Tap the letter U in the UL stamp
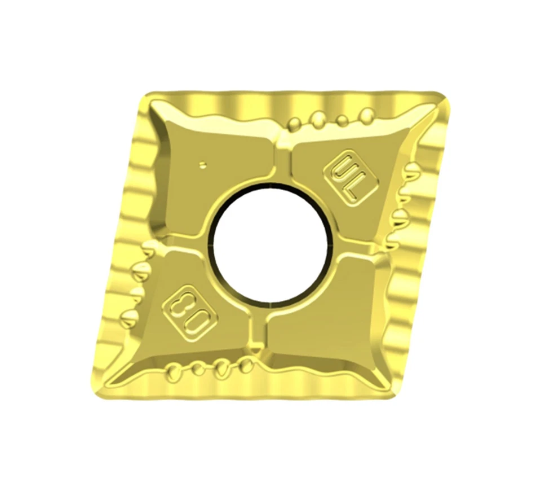(x=343, y=169)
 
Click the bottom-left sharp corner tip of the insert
(x=97, y=389)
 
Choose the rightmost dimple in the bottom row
(x=246, y=365)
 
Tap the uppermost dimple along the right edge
(x=410, y=170)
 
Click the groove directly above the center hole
(x=282, y=161)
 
